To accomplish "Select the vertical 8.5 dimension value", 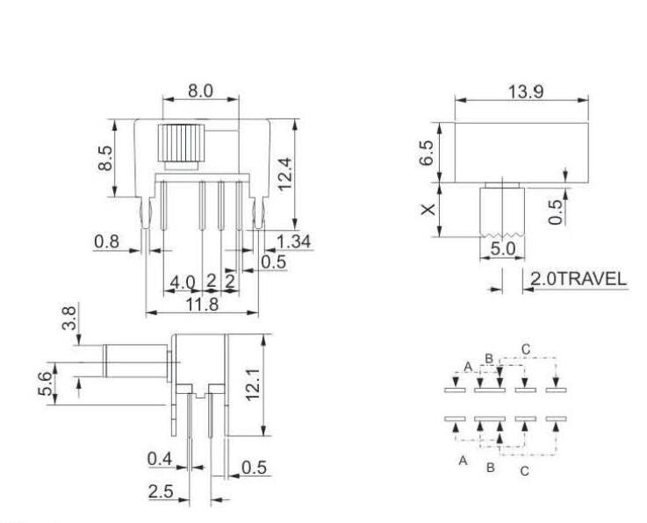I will click(106, 158).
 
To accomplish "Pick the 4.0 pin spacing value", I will click(183, 283).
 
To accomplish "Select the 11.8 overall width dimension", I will click(201, 303).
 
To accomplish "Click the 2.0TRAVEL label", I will click(577, 279).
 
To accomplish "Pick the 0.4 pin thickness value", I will click(160, 457).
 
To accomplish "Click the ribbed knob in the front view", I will click(182, 143).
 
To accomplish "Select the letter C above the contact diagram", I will click(526, 350).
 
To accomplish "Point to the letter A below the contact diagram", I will click(462, 461).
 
